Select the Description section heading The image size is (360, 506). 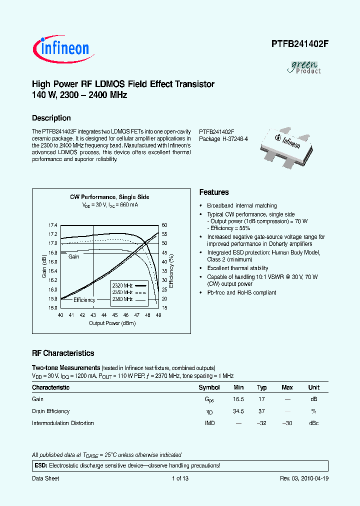click(51, 118)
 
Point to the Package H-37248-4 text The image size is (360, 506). click(223, 139)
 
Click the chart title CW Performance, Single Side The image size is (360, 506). click(109, 197)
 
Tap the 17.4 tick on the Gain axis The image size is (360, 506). click(52, 225)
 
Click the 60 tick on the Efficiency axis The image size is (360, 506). click(164, 225)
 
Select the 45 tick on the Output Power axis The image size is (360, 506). click(115, 315)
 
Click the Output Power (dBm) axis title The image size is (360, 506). click(112, 323)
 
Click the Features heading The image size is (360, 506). click(214, 192)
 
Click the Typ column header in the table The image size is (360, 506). click(262, 387)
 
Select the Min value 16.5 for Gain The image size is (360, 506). click(238, 399)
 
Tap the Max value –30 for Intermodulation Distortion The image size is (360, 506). click(287, 423)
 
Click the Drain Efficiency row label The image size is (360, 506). click(51, 411)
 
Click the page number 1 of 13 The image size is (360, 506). click(180, 478)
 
